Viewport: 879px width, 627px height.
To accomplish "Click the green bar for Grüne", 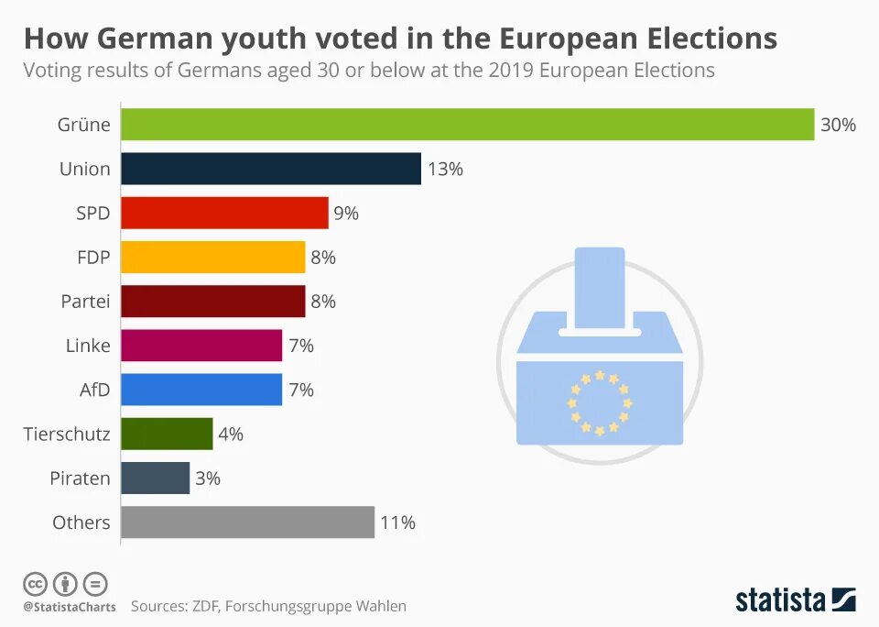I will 467,125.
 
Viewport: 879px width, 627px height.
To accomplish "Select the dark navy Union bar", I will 271,169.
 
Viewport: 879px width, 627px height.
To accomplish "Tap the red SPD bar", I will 224,213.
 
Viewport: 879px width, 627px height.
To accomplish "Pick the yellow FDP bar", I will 212,258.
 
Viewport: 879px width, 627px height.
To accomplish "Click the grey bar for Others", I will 247,522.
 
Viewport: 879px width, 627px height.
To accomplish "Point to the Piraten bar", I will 155,478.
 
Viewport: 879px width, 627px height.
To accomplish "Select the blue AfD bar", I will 201,390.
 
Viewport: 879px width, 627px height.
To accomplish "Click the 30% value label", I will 838,125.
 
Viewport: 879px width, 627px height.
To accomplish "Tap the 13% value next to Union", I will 445,169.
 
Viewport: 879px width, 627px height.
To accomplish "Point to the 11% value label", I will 397,522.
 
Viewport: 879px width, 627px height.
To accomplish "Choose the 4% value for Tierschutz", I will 231,434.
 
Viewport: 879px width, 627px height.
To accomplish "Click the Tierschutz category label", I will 67,434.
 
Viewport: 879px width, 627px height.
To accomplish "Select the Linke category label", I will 88,346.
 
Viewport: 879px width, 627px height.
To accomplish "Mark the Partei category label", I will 85,302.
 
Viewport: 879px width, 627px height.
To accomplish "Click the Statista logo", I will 795,600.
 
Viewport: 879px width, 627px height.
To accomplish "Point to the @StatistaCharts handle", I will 70,606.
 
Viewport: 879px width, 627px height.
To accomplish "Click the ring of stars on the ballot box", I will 600,401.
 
